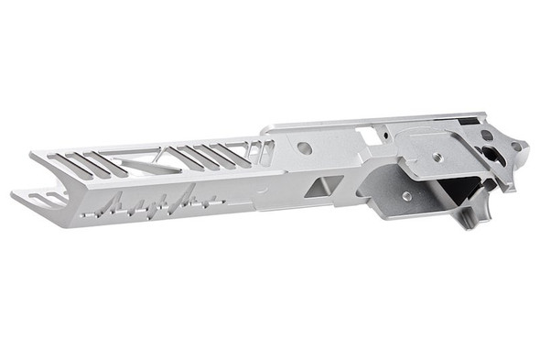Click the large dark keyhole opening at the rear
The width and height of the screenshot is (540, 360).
tap(486, 152)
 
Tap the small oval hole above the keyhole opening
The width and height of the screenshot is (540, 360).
tap(488, 136)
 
